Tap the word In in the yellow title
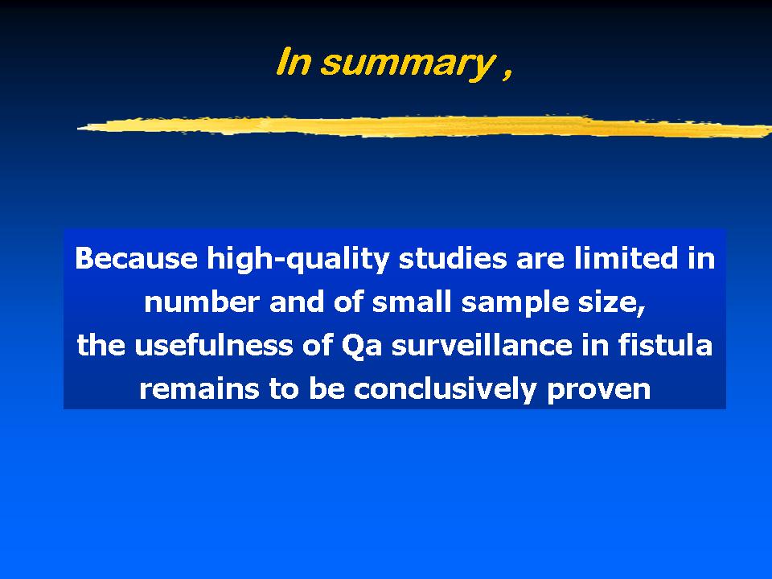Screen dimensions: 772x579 coord(294,62)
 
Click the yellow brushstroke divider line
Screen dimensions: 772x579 coord(425,126)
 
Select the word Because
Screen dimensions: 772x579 coord(137,258)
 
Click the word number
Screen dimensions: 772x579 coord(202,302)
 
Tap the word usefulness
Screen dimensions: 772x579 coord(214,345)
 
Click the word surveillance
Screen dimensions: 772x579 coord(482,345)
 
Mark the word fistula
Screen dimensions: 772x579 coord(665,344)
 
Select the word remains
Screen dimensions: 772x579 coord(199,389)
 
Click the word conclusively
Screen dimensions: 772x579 coord(445,389)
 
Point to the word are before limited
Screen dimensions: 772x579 coord(540,260)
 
